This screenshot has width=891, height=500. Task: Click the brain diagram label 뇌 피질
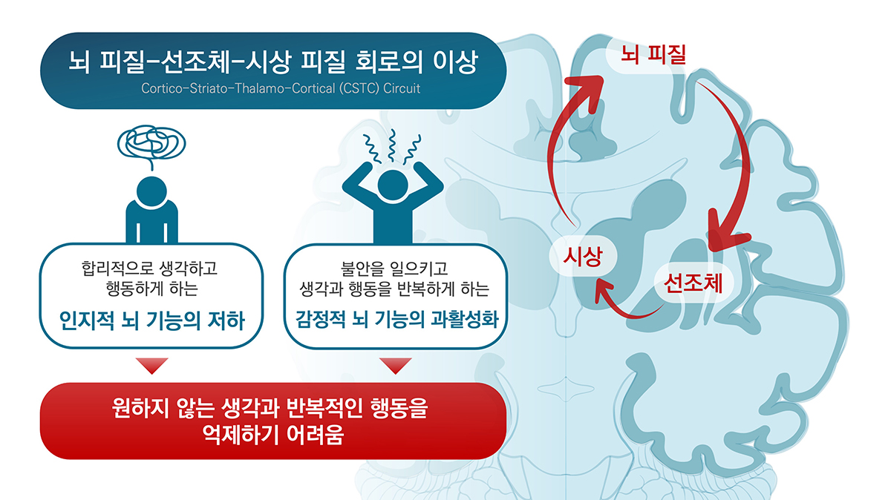pos(653,54)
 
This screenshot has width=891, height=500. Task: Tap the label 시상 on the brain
pos(583,256)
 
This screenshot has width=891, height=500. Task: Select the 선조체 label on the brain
pos(693,283)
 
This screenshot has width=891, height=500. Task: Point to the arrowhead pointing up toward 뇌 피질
pos(588,90)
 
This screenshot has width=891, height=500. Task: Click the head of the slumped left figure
pos(151,191)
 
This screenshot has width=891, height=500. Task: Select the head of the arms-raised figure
pos(393,185)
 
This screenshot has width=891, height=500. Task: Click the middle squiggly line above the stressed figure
pos(393,145)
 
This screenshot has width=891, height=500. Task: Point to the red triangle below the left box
pos(152,366)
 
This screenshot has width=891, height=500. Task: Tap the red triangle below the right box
pos(395,366)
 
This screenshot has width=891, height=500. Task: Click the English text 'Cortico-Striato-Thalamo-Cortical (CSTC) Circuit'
pos(281,88)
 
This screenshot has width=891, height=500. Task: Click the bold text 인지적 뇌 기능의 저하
pos(151,320)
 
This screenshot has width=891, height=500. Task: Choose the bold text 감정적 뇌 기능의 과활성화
pos(396,320)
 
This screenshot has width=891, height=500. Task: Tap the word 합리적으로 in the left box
pos(117,269)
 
